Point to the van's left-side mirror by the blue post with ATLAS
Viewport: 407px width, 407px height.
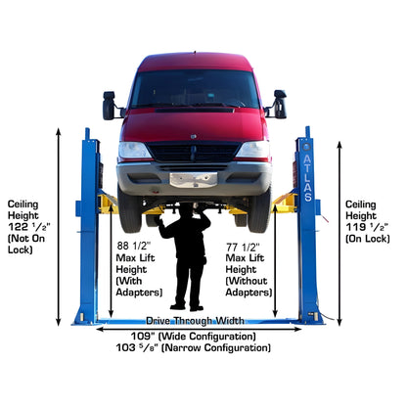point(279,103)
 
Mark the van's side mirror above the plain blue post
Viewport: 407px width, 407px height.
point(109,105)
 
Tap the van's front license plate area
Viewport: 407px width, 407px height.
point(193,179)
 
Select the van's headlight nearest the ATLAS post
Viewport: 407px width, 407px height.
point(252,151)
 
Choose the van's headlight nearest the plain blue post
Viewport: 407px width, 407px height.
point(134,151)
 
